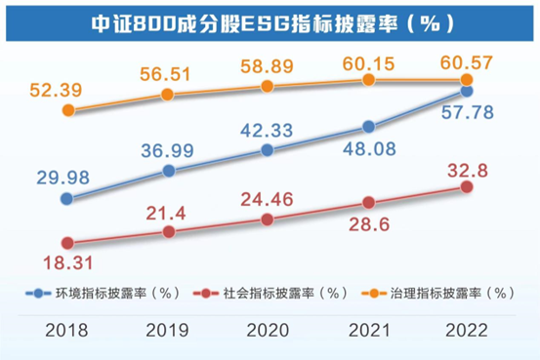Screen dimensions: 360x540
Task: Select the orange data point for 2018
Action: click(x=67, y=111)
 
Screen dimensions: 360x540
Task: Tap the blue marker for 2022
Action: click(x=467, y=91)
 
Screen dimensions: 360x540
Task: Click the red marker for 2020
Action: click(x=269, y=220)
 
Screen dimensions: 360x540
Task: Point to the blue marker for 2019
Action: click(x=169, y=171)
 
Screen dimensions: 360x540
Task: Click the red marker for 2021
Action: click(x=368, y=203)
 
